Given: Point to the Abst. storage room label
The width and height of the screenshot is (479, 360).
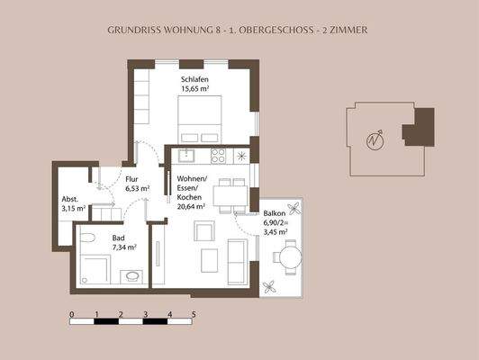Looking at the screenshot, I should click(x=71, y=199).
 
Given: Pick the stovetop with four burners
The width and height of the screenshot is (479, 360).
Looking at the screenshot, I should click(x=217, y=155).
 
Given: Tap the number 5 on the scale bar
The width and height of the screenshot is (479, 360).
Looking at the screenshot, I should click(x=194, y=313).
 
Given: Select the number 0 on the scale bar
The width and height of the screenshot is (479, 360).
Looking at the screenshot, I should click(x=71, y=313).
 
